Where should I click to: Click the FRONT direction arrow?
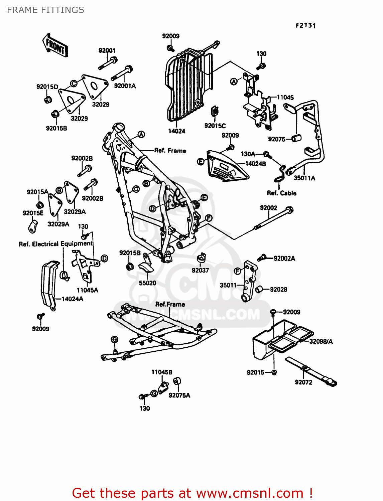[55, 45]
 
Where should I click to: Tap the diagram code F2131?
[305, 25]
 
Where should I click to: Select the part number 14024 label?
[176, 131]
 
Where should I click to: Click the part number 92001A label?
[125, 86]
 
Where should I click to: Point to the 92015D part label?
[47, 87]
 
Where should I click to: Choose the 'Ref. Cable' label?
[281, 193]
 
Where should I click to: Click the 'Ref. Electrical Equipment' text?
[55, 244]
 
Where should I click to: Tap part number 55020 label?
[147, 283]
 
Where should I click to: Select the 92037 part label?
[200, 270]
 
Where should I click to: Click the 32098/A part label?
[321, 341]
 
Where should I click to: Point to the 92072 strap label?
[303, 382]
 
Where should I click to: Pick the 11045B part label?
[162, 372]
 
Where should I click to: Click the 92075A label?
[179, 395]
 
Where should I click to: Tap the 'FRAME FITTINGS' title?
[45, 10]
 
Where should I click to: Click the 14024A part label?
[72, 299]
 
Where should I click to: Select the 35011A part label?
[304, 178]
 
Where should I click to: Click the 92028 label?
[278, 290]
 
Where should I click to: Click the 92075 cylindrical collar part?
[297, 138]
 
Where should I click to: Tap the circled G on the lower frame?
[114, 340]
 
